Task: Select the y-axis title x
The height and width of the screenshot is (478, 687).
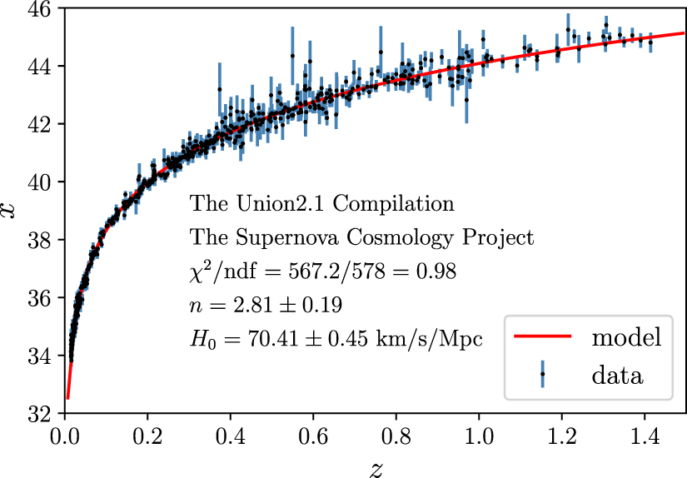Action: click(11, 211)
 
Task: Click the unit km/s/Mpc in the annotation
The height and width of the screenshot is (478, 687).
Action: click(442, 338)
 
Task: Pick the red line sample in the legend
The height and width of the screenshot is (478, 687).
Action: click(542, 337)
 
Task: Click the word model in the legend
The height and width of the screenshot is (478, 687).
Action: click(626, 337)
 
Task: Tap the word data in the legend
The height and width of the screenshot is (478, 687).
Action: click(617, 375)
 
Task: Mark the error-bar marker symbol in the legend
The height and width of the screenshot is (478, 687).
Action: click(542, 375)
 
